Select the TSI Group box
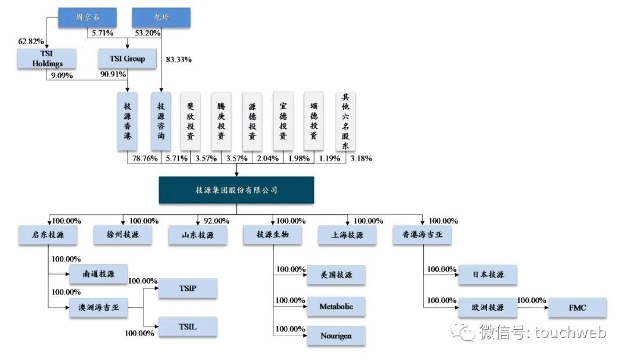pyautogui.click(x=127, y=59)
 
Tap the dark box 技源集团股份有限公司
pyautogui.click(x=236, y=190)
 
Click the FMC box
pyautogui.click(x=577, y=308)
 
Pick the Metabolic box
pyautogui.click(x=336, y=307)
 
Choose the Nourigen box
pyautogui.click(x=336, y=336)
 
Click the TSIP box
pyautogui.click(x=187, y=289)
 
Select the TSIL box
pyautogui.click(x=187, y=326)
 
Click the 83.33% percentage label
pyautogui.click(x=179, y=60)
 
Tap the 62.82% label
pyautogui.click(x=31, y=41)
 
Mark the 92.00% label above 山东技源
pyautogui.click(x=217, y=221)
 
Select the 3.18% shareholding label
pyautogui.click(x=361, y=158)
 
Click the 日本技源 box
pyautogui.click(x=488, y=275)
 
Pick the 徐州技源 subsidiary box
pyautogui.click(x=123, y=235)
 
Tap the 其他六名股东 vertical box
pyautogui.click(x=345, y=122)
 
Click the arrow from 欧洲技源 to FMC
pyautogui.click(x=532, y=308)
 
